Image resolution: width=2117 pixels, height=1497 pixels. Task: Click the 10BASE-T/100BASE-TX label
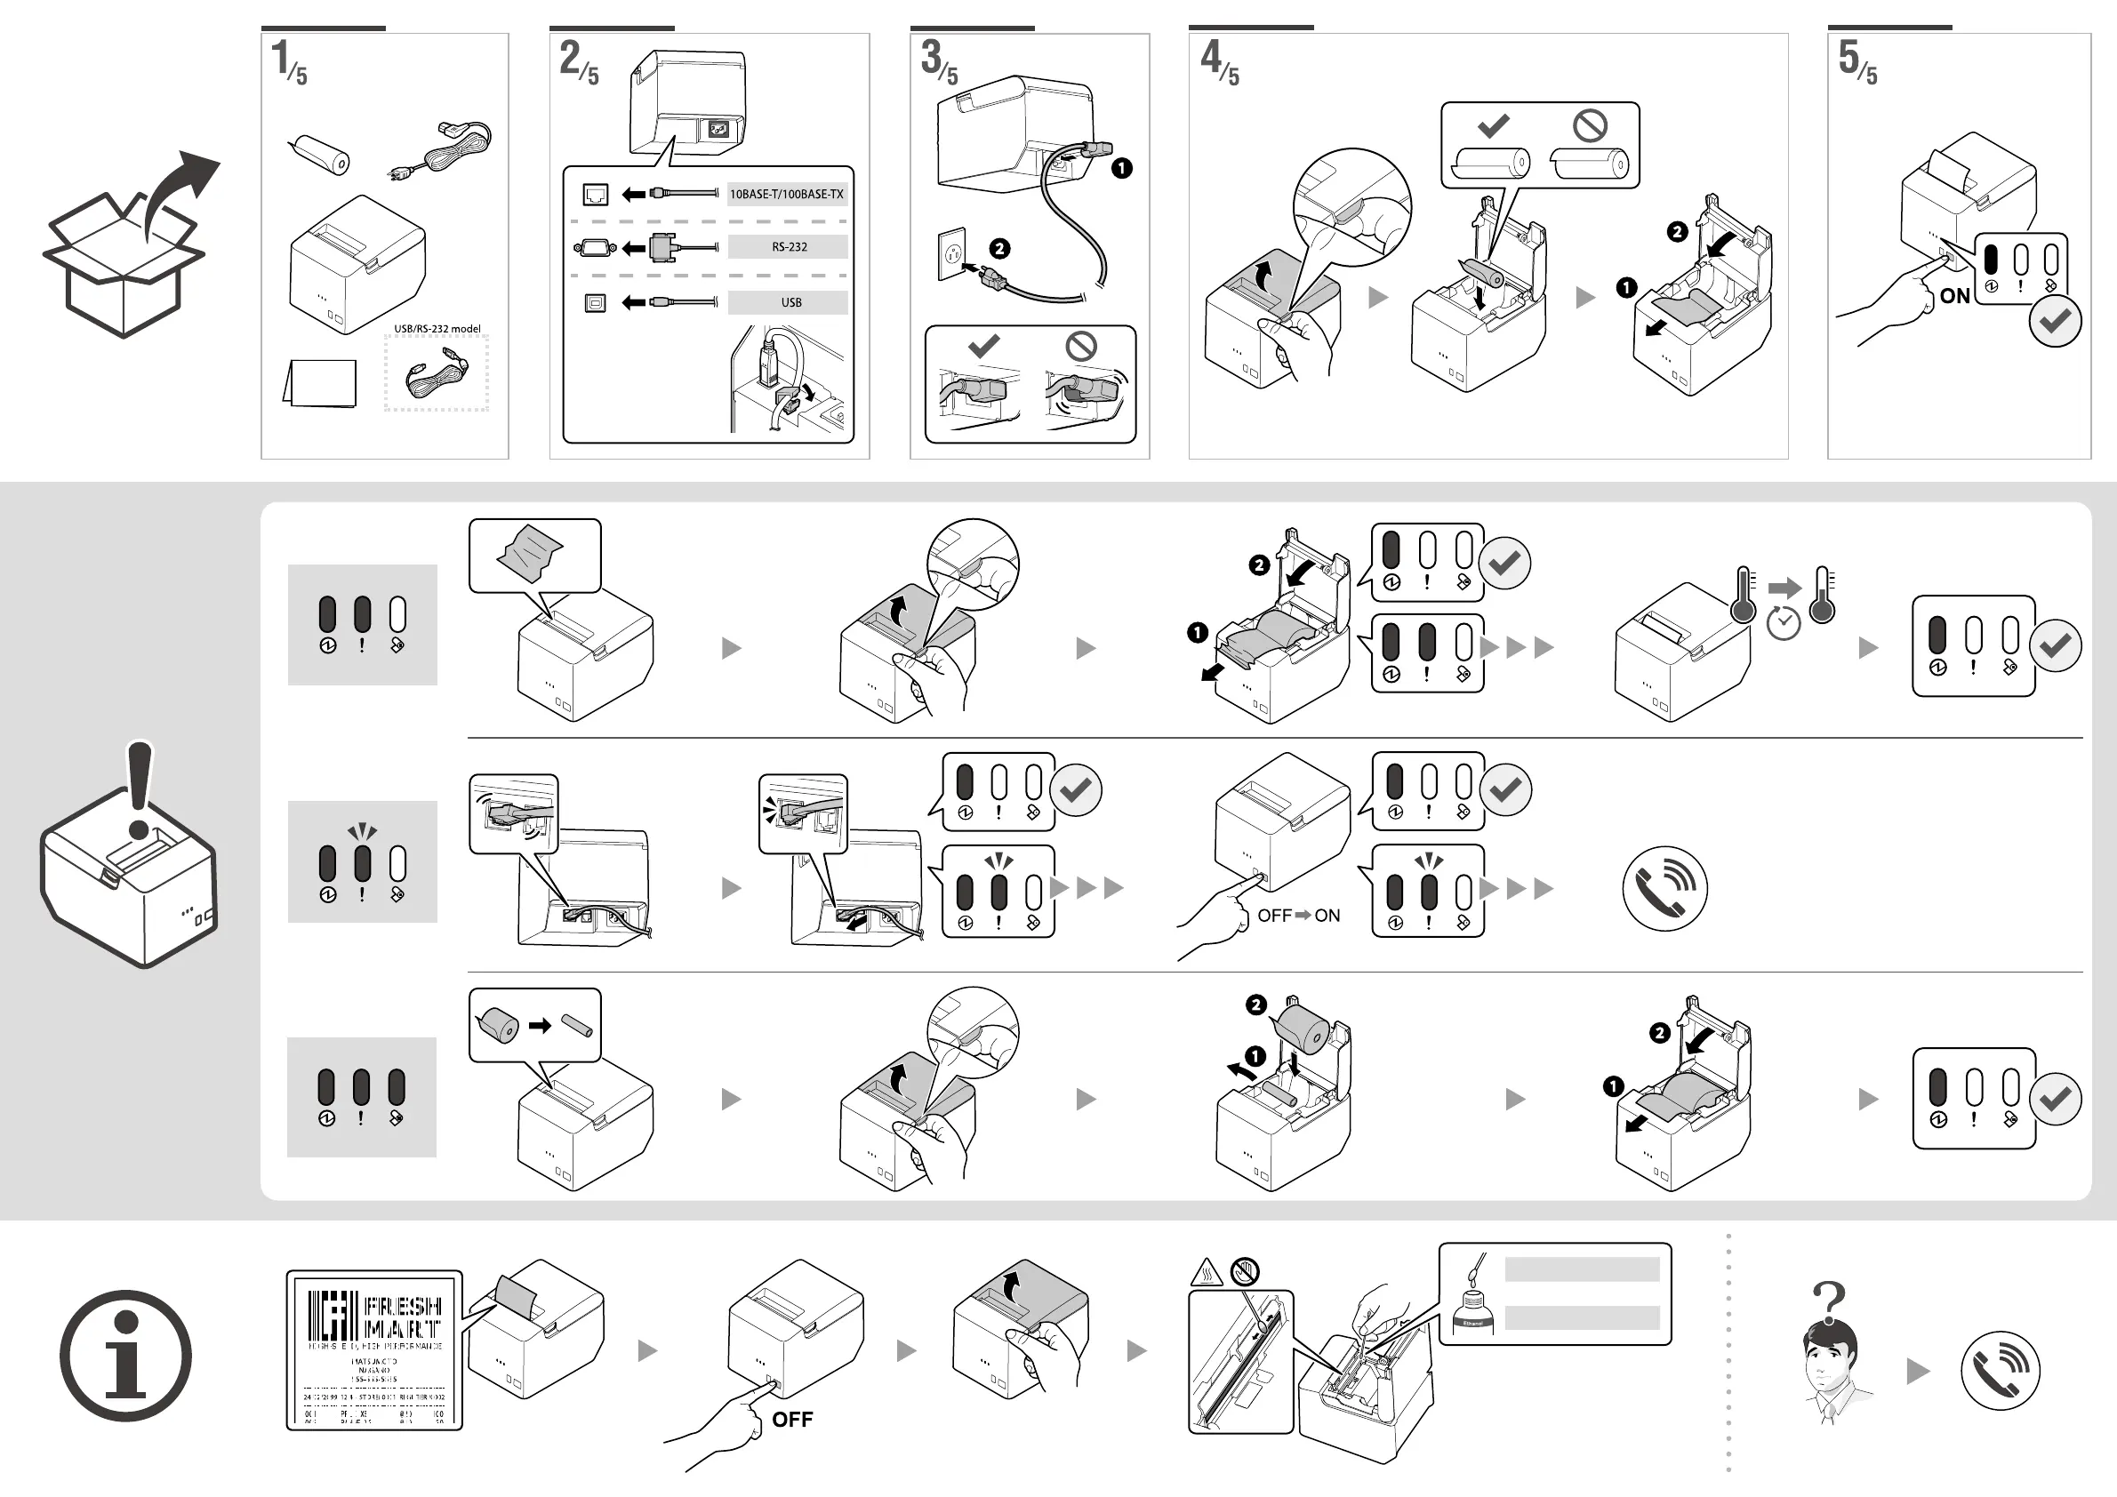pyautogui.click(x=787, y=195)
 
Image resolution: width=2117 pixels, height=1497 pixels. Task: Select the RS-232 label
pyautogui.click(x=790, y=247)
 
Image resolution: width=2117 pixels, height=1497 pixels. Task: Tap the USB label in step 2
pyautogui.click(x=791, y=302)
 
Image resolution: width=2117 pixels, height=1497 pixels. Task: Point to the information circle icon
pyautogui.click(x=125, y=1356)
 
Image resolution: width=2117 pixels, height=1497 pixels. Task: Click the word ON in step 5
pyautogui.click(x=1954, y=296)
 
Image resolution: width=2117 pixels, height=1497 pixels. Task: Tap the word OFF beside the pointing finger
pyautogui.click(x=792, y=1420)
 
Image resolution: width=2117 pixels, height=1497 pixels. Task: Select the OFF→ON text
pyautogui.click(x=1298, y=916)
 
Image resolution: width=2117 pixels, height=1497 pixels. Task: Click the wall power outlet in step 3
pyautogui.click(x=951, y=253)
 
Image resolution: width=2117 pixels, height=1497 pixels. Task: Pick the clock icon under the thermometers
pyautogui.click(x=1784, y=624)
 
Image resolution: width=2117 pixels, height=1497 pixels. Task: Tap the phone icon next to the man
pyautogui.click(x=1999, y=1371)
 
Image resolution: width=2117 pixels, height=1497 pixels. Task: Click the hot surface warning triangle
pyautogui.click(x=1207, y=1274)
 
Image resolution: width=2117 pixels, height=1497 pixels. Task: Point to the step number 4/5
pyautogui.click(x=1219, y=60)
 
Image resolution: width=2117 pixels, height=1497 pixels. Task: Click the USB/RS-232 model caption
pyautogui.click(x=437, y=329)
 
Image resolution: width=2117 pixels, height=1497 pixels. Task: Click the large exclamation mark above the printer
pyautogui.click(x=140, y=789)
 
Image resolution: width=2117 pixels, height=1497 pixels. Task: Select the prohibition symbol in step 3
pyautogui.click(x=1080, y=347)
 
